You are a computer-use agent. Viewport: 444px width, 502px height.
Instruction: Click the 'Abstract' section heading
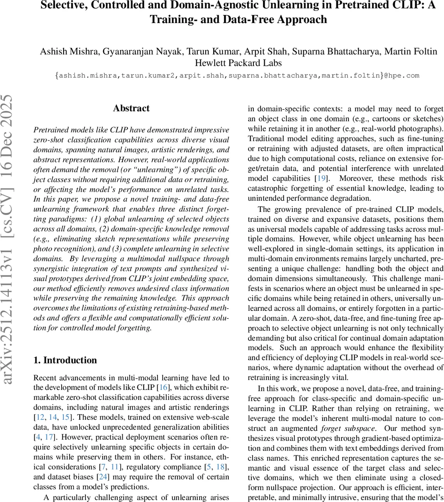pyautogui.click(x=131, y=108)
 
